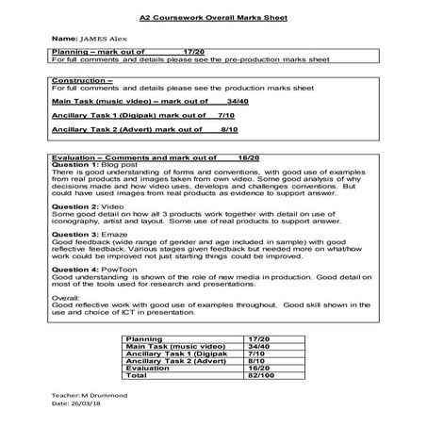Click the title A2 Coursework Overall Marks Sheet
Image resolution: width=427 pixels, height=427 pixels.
214,17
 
